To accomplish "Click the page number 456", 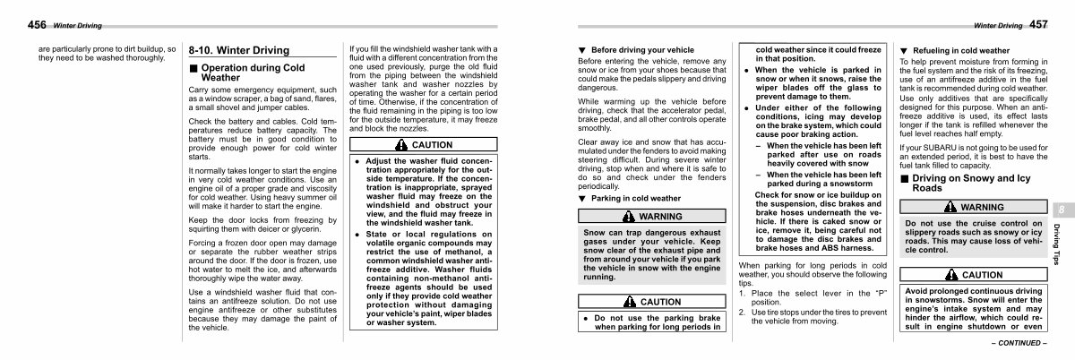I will pyautogui.click(x=17, y=23).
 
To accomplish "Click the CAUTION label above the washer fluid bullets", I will pyautogui.click(x=431, y=144).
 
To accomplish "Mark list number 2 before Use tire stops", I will pyautogui.click(x=742, y=312).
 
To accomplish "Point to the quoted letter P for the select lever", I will pyautogui.click(x=881, y=294).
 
